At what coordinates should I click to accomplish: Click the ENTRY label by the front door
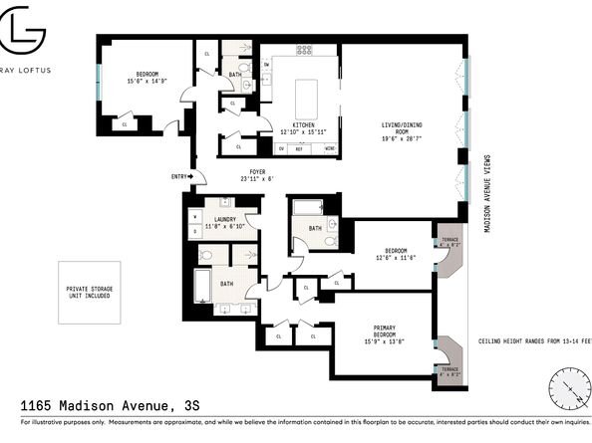point(178,177)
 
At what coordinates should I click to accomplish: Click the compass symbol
point(568,386)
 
